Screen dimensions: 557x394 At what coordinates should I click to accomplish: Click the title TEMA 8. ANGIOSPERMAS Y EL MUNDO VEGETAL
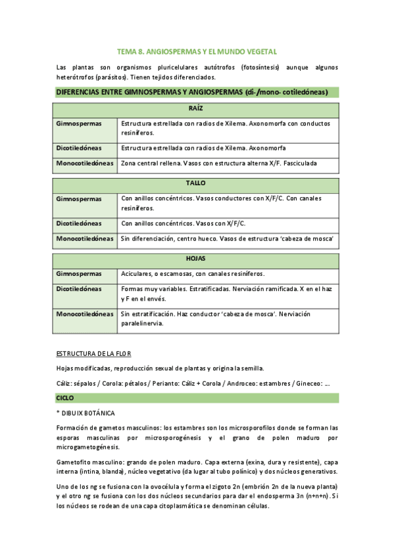pyautogui.click(x=197, y=51)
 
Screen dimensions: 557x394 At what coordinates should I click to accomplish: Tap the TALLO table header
pyautogui.click(x=196, y=185)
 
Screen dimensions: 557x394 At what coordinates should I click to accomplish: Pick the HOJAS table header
pyautogui.click(x=196, y=260)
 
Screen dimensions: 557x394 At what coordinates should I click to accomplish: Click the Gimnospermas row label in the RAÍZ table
pyautogui.click(x=79, y=123)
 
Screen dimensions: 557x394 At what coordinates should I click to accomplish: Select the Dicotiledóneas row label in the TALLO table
pyautogui.click(x=79, y=223)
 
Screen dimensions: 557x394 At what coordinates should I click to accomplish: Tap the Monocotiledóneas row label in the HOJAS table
pyautogui.click(x=85, y=314)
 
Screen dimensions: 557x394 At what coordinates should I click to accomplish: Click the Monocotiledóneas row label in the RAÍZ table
pyautogui.click(x=85, y=163)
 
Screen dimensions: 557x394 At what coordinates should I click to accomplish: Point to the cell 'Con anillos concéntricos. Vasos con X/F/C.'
pyautogui.click(x=184, y=223)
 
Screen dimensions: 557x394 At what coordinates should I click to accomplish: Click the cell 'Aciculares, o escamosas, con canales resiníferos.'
pyautogui.click(x=198, y=273)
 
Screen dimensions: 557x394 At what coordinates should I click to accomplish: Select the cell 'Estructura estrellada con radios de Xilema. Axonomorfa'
pyautogui.click(x=203, y=148)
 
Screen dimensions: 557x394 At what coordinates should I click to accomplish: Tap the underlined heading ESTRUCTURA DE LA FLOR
pyautogui.click(x=93, y=353)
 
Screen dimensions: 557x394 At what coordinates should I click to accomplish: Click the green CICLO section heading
pyautogui.click(x=66, y=398)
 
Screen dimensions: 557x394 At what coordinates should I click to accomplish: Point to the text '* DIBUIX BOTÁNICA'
pyautogui.click(x=86, y=413)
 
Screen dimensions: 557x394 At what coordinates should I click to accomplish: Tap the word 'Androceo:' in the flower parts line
pyautogui.click(x=230, y=383)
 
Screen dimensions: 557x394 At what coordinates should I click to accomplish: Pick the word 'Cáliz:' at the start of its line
pyautogui.click(x=66, y=383)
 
